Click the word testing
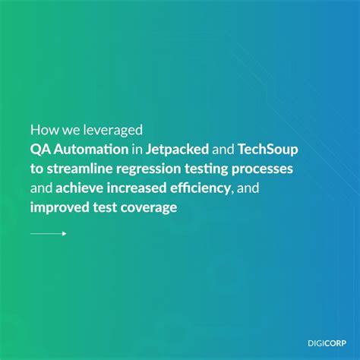[224, 168]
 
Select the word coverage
[147, 206]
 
